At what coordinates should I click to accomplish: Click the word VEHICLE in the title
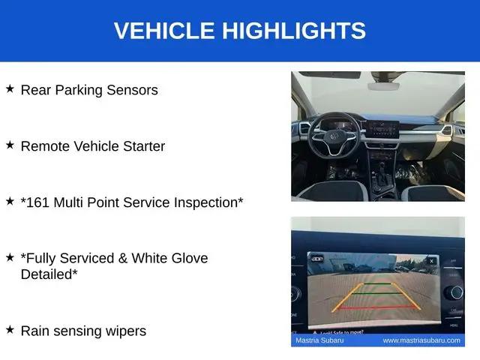(164, 30)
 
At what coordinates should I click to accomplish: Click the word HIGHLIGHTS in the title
(294, 30)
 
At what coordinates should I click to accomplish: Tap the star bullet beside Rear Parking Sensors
(10, 88)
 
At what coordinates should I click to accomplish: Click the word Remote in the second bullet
(45, 146)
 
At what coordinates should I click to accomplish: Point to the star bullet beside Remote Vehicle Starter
(10, 145)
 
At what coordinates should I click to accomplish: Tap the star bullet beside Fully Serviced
(10, 257)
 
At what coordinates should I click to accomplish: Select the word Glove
(190, 258)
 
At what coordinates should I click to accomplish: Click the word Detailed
(46, 274)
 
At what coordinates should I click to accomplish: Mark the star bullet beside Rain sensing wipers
(10, 330)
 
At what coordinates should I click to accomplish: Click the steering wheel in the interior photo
(334, 135)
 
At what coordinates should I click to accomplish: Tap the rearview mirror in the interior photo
(383, 86)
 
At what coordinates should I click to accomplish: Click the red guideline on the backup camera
(377, 307)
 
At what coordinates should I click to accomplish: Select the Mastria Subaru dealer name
(319, 340)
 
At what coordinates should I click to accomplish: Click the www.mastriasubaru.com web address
(421, 340)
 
